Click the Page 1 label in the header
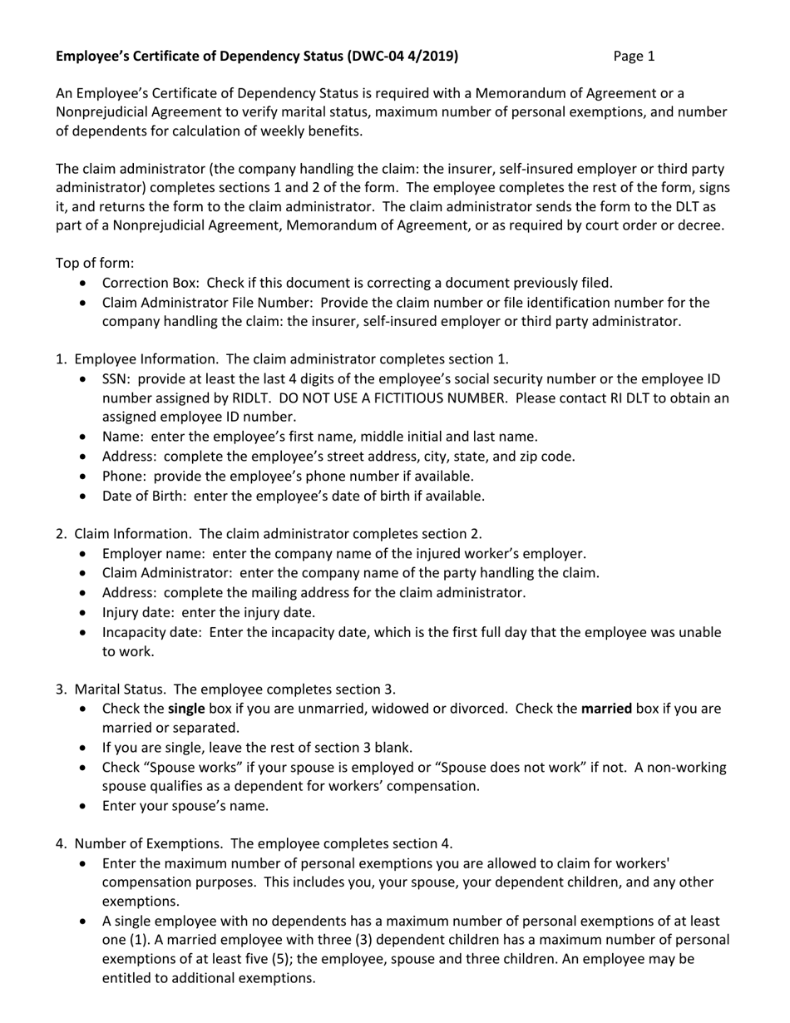pyautogui.click(x=634, y=57)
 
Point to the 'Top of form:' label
pyautogui.click(x=94, y=263)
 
